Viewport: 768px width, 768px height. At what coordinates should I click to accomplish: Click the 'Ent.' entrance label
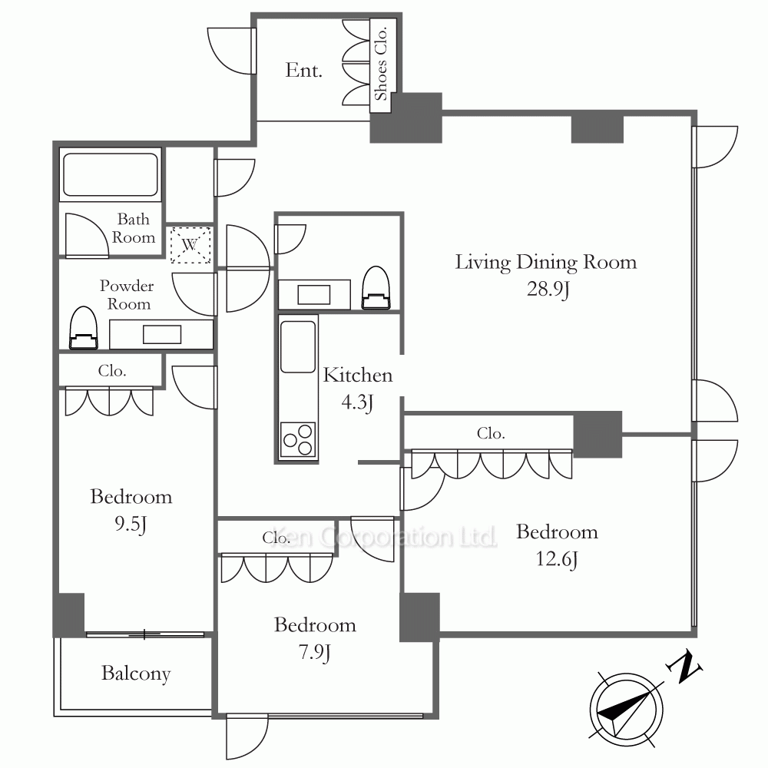click(x=303, y=71)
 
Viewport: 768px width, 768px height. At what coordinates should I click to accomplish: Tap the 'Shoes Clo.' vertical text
click(x=381, y=63)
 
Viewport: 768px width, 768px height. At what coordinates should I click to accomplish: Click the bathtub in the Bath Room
click(x=111, y=174)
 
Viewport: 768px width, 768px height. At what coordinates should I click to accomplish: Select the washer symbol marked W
click(x=190, y=244)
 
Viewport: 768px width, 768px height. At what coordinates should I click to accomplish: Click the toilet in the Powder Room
click(x=83, y=328)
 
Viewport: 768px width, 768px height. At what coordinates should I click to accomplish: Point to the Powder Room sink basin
click(x=162, y=335)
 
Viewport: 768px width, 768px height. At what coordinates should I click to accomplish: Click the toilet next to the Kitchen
click(x=376, y=288)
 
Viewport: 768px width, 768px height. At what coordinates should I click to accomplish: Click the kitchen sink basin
click(x=297, y=347)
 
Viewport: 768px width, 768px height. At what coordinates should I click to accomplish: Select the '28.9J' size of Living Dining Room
click(x=548, y=289)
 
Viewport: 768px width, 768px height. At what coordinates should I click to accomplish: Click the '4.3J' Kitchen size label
click(x=358, y=402)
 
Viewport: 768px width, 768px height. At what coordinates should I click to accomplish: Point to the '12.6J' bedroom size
click(x=557, y=559)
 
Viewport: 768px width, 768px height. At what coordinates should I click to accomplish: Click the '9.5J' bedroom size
click(x=131, y=524)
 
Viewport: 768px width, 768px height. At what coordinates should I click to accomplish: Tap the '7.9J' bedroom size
click(x=314, y=652)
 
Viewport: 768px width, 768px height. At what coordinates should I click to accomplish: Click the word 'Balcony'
click(x=136, y=674)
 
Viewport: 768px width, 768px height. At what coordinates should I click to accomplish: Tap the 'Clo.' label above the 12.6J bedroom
click(x=491, y=433)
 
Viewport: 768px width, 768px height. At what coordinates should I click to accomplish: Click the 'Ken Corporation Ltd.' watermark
click(x=385, y=538)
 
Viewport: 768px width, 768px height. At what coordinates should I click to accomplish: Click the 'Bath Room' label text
click(x=134, y=228)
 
